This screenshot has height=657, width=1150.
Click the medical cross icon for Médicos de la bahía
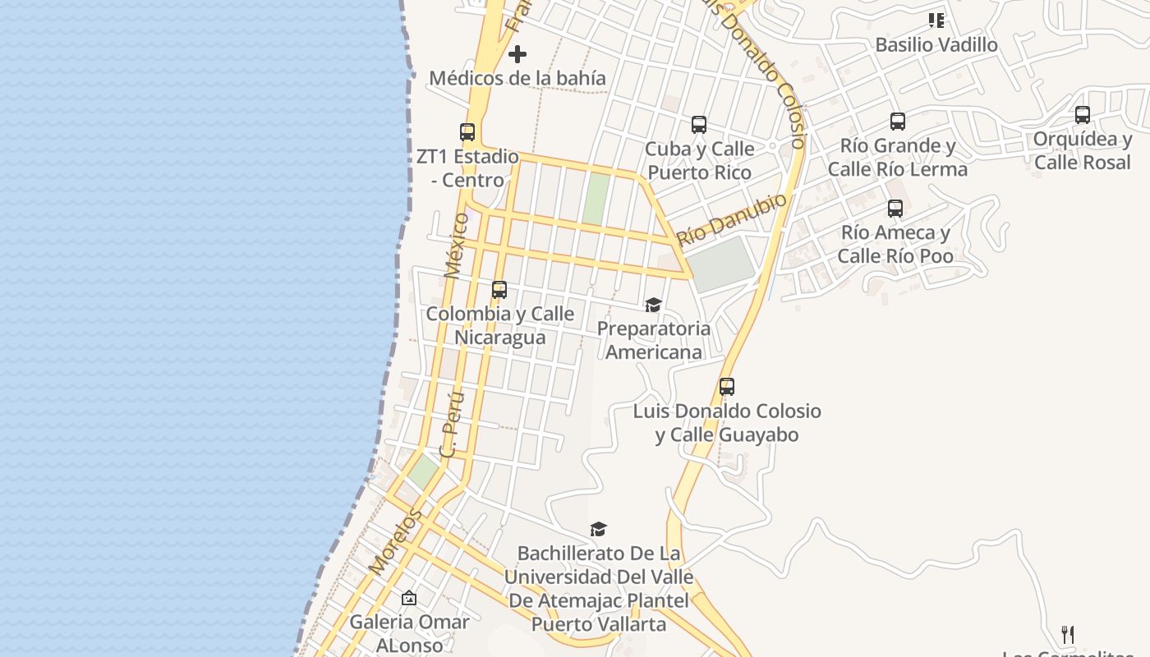click(517, 55)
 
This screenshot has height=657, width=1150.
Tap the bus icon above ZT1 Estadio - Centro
click(467, 131)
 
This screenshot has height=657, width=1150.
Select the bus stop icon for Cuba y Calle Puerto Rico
click(699, 125)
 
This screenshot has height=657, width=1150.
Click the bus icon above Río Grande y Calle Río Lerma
click(898, 122)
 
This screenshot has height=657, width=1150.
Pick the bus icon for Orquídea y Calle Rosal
click(1083, 115)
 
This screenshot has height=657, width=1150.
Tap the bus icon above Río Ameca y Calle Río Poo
click(895, 209)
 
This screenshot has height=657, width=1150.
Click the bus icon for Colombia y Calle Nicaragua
click(499, 290)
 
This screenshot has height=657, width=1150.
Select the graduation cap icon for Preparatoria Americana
click(653, 306)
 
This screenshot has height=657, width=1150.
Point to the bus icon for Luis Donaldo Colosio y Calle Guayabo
click(727, 387)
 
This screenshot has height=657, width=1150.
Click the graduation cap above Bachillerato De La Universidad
click(599, 529)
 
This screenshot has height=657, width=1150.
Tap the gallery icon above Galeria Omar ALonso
click(409, 598)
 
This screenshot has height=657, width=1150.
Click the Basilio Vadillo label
click(936, 45)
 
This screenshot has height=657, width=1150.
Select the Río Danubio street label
click(731, 220)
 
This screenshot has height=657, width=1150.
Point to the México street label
click(457, 246)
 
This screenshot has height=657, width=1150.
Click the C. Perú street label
click(453, 424)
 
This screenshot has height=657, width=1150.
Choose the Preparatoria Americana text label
click(654, 340)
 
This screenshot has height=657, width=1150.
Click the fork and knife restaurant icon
click(1068, 634)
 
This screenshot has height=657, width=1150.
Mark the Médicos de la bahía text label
click(517, 79)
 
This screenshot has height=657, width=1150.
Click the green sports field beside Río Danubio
click(720, 263)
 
